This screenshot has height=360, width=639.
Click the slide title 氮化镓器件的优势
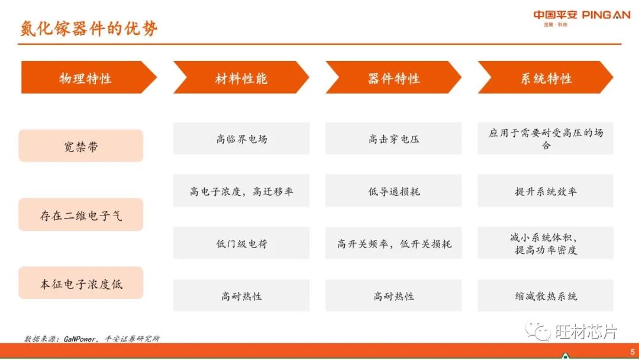click(x=89, y=28)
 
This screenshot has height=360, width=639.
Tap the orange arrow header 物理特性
click(x=85, y=78)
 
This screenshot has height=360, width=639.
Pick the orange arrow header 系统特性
click(x=546, y=78)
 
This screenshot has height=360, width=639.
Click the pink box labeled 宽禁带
click(x=81, y=146)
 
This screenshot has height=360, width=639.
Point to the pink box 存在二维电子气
click(x=81, y=215)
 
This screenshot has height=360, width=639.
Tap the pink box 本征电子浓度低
click(x=81, y=283)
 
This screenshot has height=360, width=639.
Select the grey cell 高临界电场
click(x=241, y=139)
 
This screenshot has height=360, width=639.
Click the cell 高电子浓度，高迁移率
click(x=241, y=191)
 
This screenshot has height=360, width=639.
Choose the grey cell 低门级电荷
click(x=241, y=243)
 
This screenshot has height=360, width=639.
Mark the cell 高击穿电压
click(x=393, y=139)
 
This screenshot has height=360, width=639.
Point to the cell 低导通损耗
click(x=393, y=191)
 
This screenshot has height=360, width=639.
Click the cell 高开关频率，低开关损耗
click(x=393, y=243)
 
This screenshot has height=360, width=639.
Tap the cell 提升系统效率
click(x=546, y=191)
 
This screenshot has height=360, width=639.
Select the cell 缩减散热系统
click(x=546, y=295)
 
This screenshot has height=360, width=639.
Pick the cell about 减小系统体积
click(x=546, y=243)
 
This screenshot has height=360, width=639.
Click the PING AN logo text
click(x=606, y=15)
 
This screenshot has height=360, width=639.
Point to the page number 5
click(x=632, y=352)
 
